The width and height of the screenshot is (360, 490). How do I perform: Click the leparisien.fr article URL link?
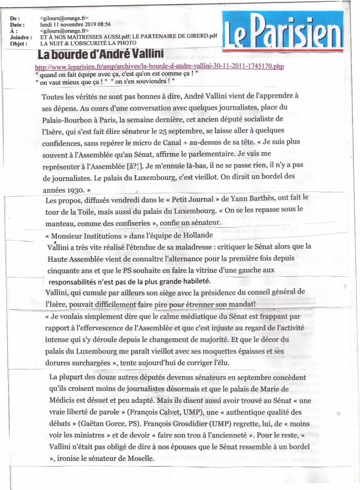[x=160, y=66]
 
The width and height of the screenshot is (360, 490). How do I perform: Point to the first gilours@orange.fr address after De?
[x=63, y=18]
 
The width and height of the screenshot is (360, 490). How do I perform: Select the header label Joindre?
[x=21, y=36]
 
